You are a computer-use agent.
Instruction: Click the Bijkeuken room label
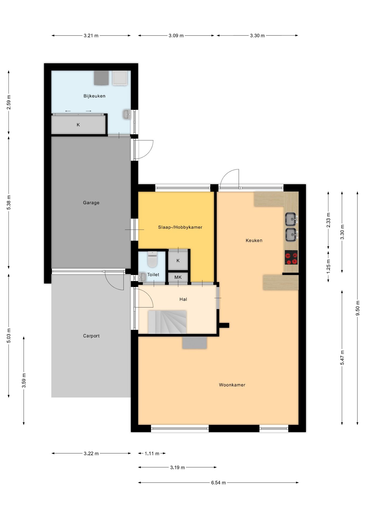(94, 96)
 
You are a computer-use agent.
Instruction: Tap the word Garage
(91, 203)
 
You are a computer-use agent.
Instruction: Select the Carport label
(91, 336)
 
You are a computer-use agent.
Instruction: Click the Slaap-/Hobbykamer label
(180, 227)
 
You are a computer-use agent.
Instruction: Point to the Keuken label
(254, 240)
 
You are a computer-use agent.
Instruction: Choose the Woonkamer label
(232, 385)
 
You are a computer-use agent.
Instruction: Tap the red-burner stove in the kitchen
(291, 257)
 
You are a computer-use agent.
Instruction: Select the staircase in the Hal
(167, 322)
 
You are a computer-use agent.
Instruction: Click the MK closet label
(178, 277)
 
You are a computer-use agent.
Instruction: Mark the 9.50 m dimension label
(358, 308)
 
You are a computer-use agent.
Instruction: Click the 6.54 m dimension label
(218, 483)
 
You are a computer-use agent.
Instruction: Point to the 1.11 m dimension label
(152, 454)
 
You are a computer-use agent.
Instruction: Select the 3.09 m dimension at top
(176, 36)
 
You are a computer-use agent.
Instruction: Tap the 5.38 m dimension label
(9, 202)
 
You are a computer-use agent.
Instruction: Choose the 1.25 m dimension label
(328, 266)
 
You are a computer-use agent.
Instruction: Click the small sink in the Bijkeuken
(127, 114)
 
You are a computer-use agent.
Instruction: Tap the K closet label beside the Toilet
(178, 261)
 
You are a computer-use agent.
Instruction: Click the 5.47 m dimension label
(342, 358)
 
